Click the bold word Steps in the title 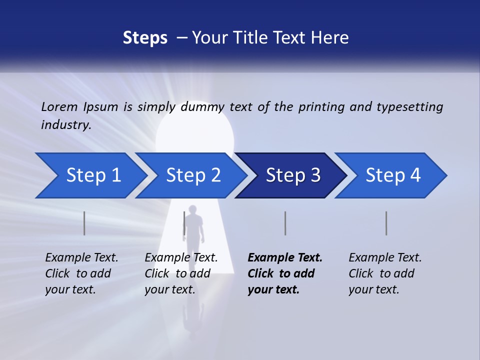tap(145, 38)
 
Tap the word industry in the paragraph tap(65, 125)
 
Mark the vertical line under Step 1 tap(84, 223)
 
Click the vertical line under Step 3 tap(285, 223)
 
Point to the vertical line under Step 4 tap(386, 223)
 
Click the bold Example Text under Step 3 tap(285, 258)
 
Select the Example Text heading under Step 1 tap(81, 258)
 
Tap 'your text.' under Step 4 tap(373, 289)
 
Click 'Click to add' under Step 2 tap(177, 274)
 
